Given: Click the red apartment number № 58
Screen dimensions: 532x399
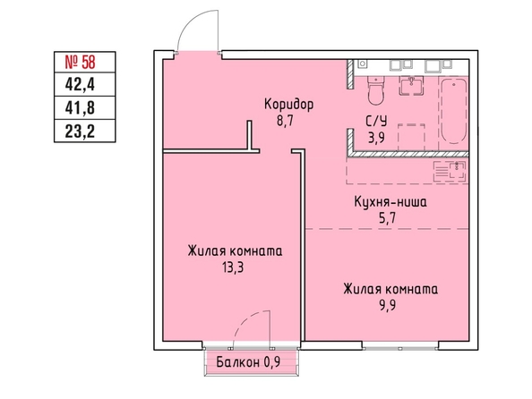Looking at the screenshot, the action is [x=81, y=63].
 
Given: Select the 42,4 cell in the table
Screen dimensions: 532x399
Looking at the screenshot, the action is [x=80, y=84].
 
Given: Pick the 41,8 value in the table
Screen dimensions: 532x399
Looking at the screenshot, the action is [x=80, y=107].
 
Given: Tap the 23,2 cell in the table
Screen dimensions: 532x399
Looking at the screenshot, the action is [x=80, y=132].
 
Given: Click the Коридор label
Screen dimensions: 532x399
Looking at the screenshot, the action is [x=289, y=105].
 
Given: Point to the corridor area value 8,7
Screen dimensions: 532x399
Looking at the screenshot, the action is [x=284, y=121].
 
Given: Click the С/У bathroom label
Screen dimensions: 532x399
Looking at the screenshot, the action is [x=377, y=121].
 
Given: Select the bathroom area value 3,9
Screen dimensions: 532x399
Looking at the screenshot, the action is [x=376, y=137].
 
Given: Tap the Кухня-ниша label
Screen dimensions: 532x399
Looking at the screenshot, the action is [x=390, y=202].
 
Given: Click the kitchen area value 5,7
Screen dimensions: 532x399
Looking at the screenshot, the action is [x=388, y=218].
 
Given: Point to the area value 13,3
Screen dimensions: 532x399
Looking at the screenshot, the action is [x=233, y=267].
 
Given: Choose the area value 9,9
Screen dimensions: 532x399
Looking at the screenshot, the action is [x=388, y=305].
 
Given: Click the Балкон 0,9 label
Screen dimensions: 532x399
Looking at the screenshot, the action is [x=248, y=362].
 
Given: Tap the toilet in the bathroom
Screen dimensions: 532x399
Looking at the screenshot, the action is [x=376, y=90].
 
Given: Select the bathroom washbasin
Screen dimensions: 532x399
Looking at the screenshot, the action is [x=411, y=86].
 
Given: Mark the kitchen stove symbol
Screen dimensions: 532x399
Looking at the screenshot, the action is [x=450, y=171].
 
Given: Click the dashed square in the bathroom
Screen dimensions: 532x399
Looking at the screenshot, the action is [x=411, y=137].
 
